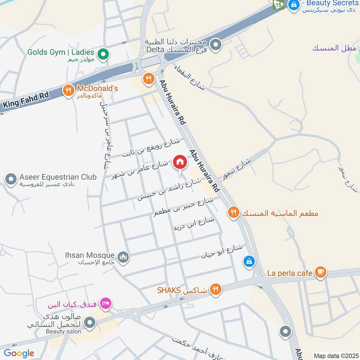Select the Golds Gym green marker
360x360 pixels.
104,55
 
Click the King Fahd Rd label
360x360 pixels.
25,100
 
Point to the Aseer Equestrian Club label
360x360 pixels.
58,177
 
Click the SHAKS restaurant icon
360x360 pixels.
216,289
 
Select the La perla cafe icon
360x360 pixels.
320,272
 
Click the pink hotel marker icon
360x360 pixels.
106,303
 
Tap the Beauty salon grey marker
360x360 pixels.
90,322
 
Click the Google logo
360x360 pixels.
19,353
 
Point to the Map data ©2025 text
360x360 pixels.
336,355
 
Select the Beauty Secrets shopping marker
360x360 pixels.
294,5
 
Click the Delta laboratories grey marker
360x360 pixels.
216,45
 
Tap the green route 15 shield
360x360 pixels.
277,4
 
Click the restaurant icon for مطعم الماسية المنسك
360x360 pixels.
233,212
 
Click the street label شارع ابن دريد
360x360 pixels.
193,224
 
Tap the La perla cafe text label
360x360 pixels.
290,273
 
